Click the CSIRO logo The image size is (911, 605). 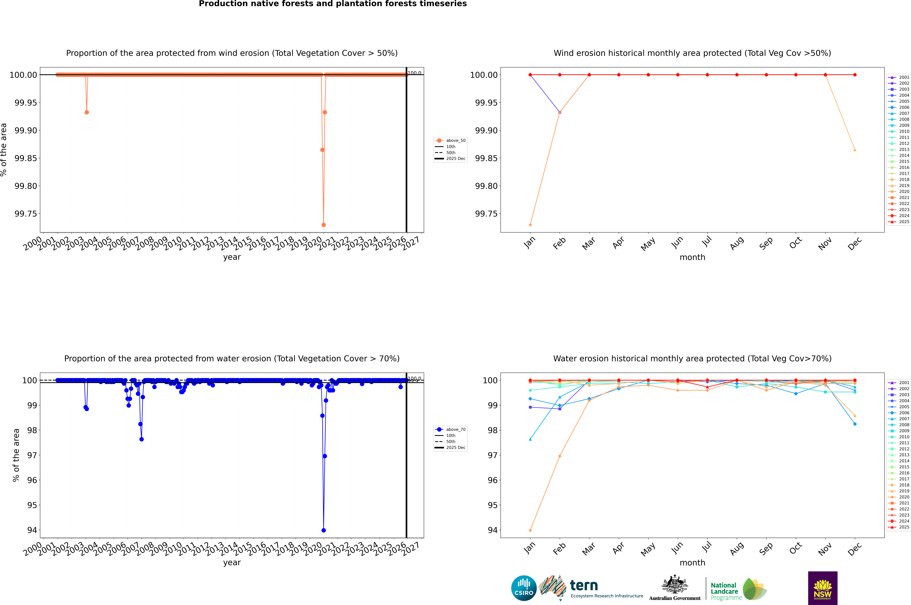524,588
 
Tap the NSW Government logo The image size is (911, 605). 823,588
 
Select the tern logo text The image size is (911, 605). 584,586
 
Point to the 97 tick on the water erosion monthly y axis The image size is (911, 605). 493,455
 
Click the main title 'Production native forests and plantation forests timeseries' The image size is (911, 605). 333,4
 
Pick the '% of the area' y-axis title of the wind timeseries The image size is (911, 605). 4,150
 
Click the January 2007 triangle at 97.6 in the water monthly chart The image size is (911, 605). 530,439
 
